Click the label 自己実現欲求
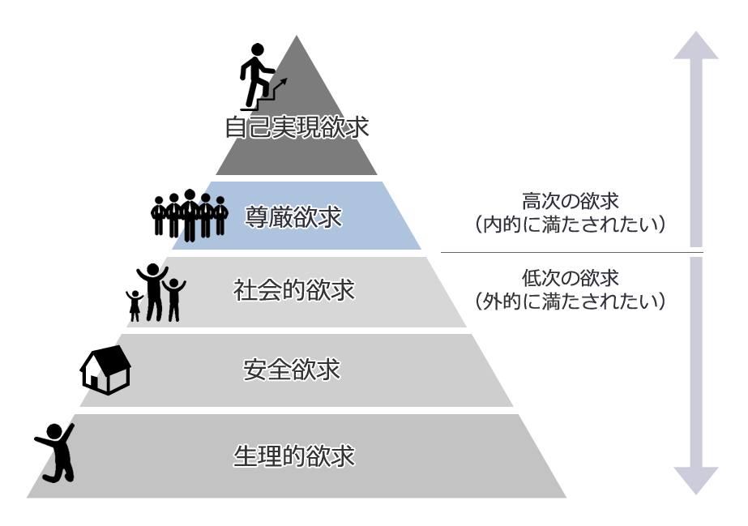297,128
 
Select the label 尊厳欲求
293,216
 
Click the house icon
105,370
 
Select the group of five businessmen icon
189,215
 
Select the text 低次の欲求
571,278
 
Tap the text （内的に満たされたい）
571,224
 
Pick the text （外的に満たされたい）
571,301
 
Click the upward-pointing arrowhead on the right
695,47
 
